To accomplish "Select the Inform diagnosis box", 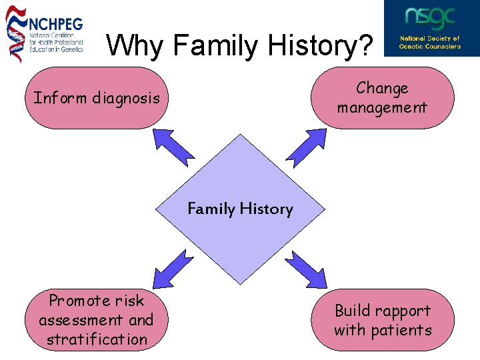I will pyautogui.click(x=97, y=98).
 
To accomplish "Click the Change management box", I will pyautogui.click(x=382, y=97).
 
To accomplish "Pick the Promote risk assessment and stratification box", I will pyautogui.click(x=96, y=320).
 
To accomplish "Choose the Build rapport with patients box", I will pyautogui.click(x=383, y=320).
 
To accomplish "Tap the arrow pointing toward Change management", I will pyautogui.click(x=307, y=146).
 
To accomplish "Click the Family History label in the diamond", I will pyautogui.click(x=240, y=209).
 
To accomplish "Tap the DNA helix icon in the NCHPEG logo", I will pyautogui.click(x=16, y=33).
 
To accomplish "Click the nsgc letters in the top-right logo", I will pyautogui.click(x=431, y=18).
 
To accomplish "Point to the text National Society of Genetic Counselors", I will pyautogui.click(x=430, y=43).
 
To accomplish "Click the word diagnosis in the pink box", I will pyautogui.click(x=126, y=99).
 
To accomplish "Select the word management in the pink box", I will pyautogui.click(x=382, y=107).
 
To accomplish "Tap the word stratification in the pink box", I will pyautogui.click(x=97, y=339).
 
